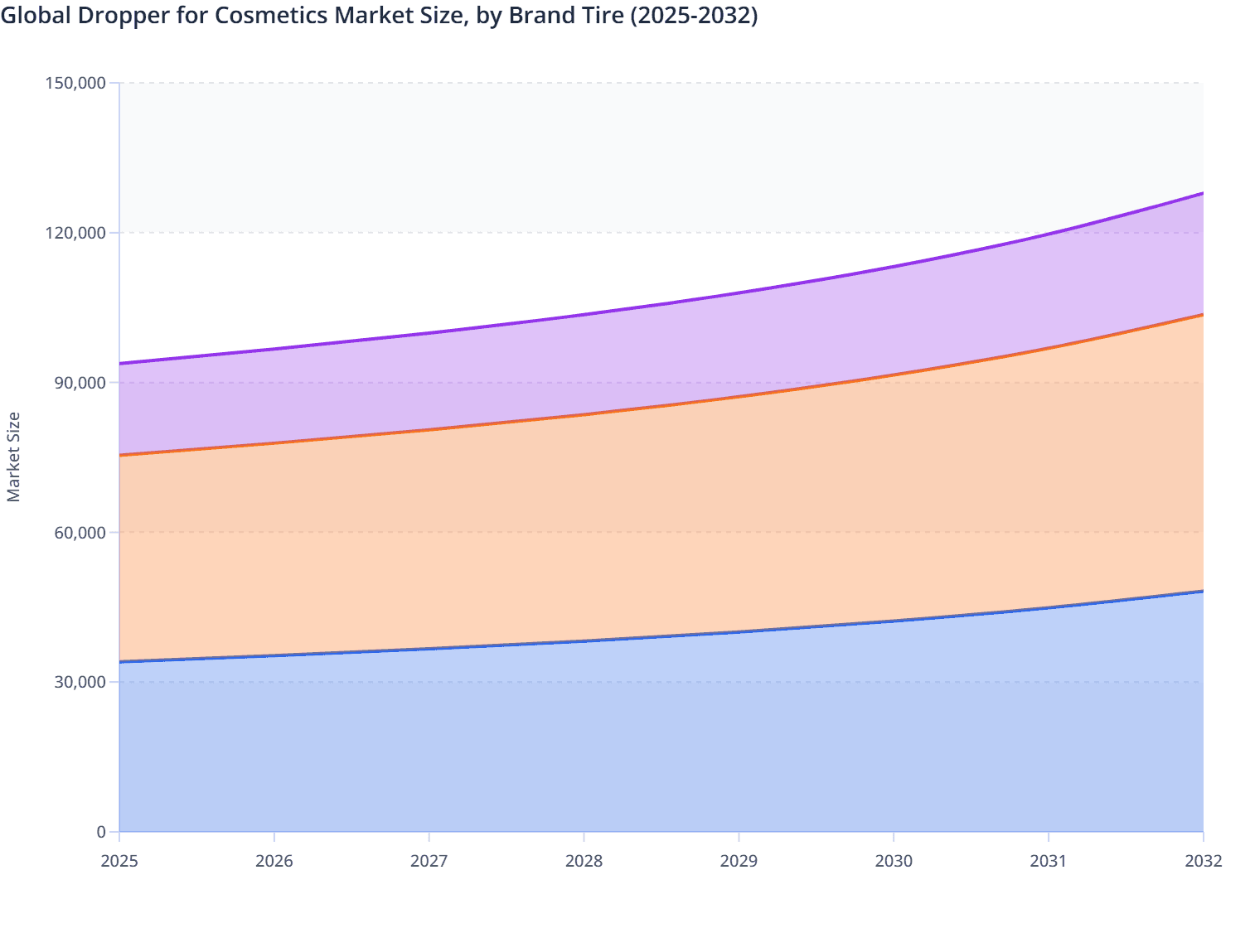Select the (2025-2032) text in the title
point(694,16)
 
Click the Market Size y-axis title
point(13,457)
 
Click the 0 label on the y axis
point(101,832)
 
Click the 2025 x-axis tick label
point(119,861)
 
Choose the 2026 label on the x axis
point(274,861)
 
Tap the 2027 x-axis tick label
point(429,861)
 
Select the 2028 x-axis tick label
point(584,861)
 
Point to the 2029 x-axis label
point(739,861)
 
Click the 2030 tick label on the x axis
point(894,861)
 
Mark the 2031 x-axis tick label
point(1049,861)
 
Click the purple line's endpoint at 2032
point(1203,193)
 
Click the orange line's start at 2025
point(120,455)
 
